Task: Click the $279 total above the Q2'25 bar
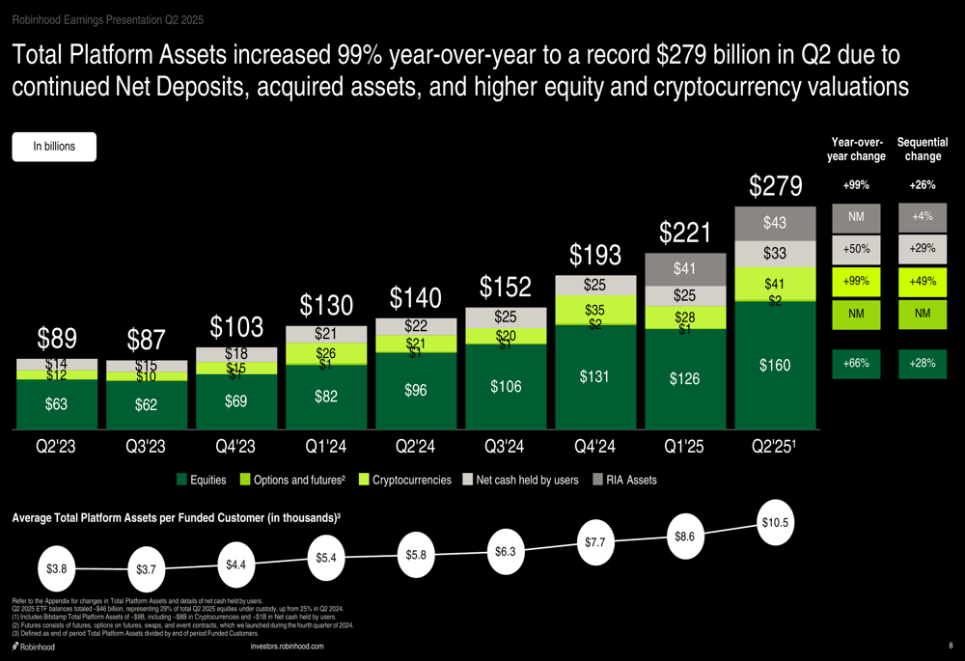tap(775, 186)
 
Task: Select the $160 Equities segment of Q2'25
tap(775, 365)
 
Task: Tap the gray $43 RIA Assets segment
tap(775, 223)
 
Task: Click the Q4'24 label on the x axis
tap(595, 447)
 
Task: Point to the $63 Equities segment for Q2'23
tap(57, 405)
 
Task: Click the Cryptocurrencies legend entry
tap(404, 480)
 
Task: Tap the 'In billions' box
tap(54, 147)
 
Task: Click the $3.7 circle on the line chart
tap(146, 570)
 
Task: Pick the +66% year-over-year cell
tap(856, 364)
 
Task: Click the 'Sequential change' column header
tap(922, 150)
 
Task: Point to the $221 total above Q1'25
tap(685, 233)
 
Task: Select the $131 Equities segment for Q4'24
tap(595, 376)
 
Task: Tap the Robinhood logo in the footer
tap(35, 647)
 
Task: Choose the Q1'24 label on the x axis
tap(326, 447)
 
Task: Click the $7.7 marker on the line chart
tap(594, 542)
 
